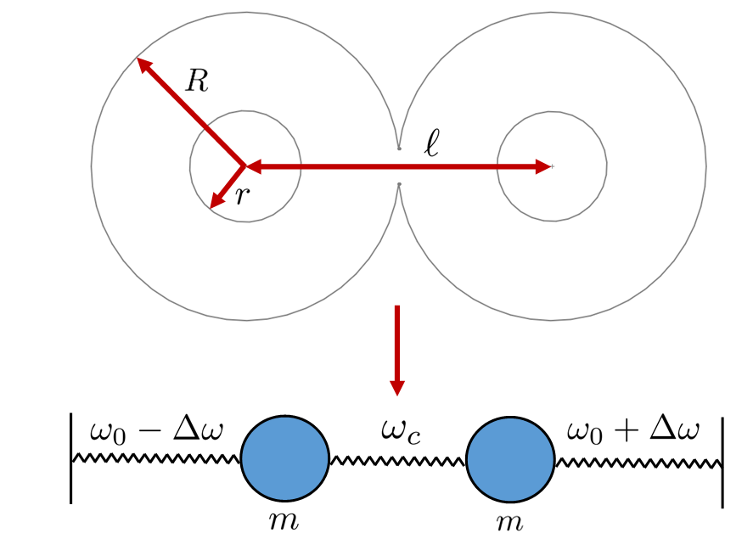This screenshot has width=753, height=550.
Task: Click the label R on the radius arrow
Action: pyautogui.click(x=197, y=81)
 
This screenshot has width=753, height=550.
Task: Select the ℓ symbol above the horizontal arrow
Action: pyautogui.click(x=433, y=143)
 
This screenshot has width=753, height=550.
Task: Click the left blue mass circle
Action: pyautogui.click(x=285, y=459)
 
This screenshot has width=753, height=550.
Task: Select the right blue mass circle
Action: pyautogui.click(x=510, y=459)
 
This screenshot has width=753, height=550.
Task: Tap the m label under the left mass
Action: pyautogui.click(x=284, y=520)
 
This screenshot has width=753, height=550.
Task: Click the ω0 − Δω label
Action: pyautogui.click(x=156, y=431)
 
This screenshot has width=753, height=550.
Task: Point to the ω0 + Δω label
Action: pyautogui.click(x=632, y=431)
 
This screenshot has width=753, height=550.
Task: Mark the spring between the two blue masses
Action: pyautogui.click(x=397, y=461)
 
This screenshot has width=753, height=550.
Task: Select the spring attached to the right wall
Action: pyautogui.click(x=638, y=462)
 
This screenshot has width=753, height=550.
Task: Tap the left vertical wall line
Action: pyautogui.click(x=71, y=458)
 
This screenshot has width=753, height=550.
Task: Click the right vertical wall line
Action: pyautogui.click(x=722, y=462)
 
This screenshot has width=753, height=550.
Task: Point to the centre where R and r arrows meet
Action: pyautogui.click(x=245, y=166)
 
